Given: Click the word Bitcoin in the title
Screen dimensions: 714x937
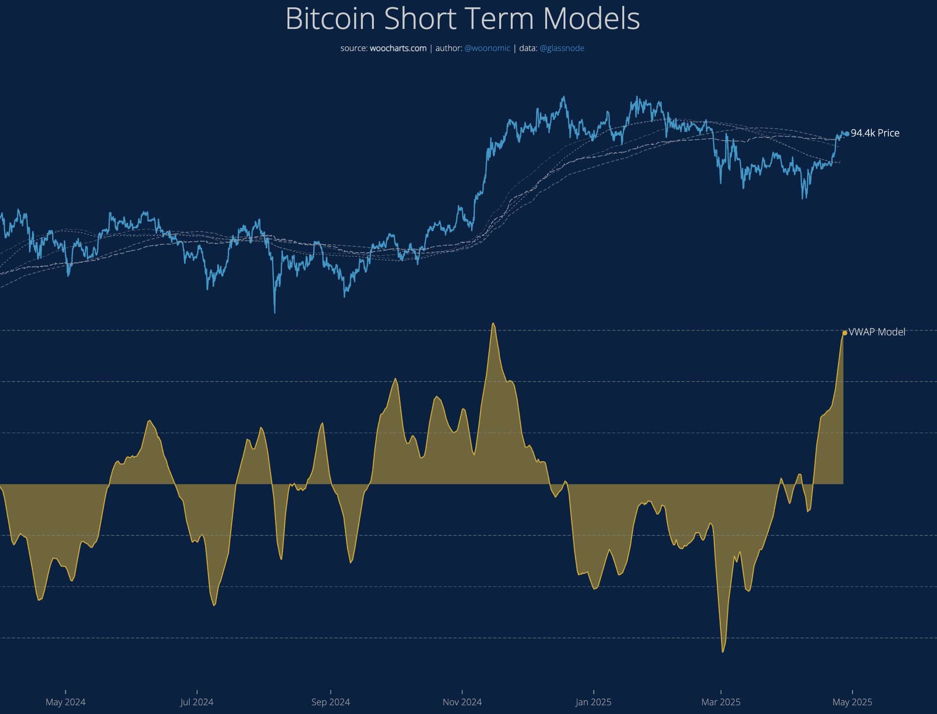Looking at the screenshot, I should (x=330, y=19).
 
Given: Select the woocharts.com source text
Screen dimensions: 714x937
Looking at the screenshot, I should (x=398, y=48).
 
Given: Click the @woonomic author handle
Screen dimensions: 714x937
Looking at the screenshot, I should (x=487, y=48).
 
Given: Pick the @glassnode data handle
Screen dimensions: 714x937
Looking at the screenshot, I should (x=562, y=48).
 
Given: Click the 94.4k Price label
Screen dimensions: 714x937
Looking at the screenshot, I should (x=875, y=133).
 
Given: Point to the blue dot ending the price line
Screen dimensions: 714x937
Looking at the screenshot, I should (x=847, y=134).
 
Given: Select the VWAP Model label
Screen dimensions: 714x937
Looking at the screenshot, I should (x=877, y=332).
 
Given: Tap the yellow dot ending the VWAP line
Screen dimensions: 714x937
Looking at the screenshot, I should (x=845, y=333).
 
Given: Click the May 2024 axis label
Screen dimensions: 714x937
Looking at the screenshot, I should (x=66, y=702).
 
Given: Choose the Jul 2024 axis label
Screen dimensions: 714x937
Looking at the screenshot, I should (x=197, y=702).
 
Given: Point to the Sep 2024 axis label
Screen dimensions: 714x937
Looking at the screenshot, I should (x=331, y=702).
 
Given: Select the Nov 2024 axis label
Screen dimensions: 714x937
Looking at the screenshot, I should (x=462, y=702).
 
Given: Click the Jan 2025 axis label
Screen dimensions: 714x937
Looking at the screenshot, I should (x=593, y=702).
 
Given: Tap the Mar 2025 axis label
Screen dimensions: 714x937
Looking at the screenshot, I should (x=721, y=702).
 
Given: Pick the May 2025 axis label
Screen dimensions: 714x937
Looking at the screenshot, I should (x=852, y=702).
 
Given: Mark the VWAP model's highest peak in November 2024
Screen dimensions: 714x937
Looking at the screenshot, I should (x=493, y=323).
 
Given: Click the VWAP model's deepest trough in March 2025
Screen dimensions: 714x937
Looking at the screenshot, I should (x=723, y=652).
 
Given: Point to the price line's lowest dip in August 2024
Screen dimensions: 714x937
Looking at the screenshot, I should (x=275, y=312).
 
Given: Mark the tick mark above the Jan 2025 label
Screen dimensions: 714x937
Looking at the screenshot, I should (x=593, y=691).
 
